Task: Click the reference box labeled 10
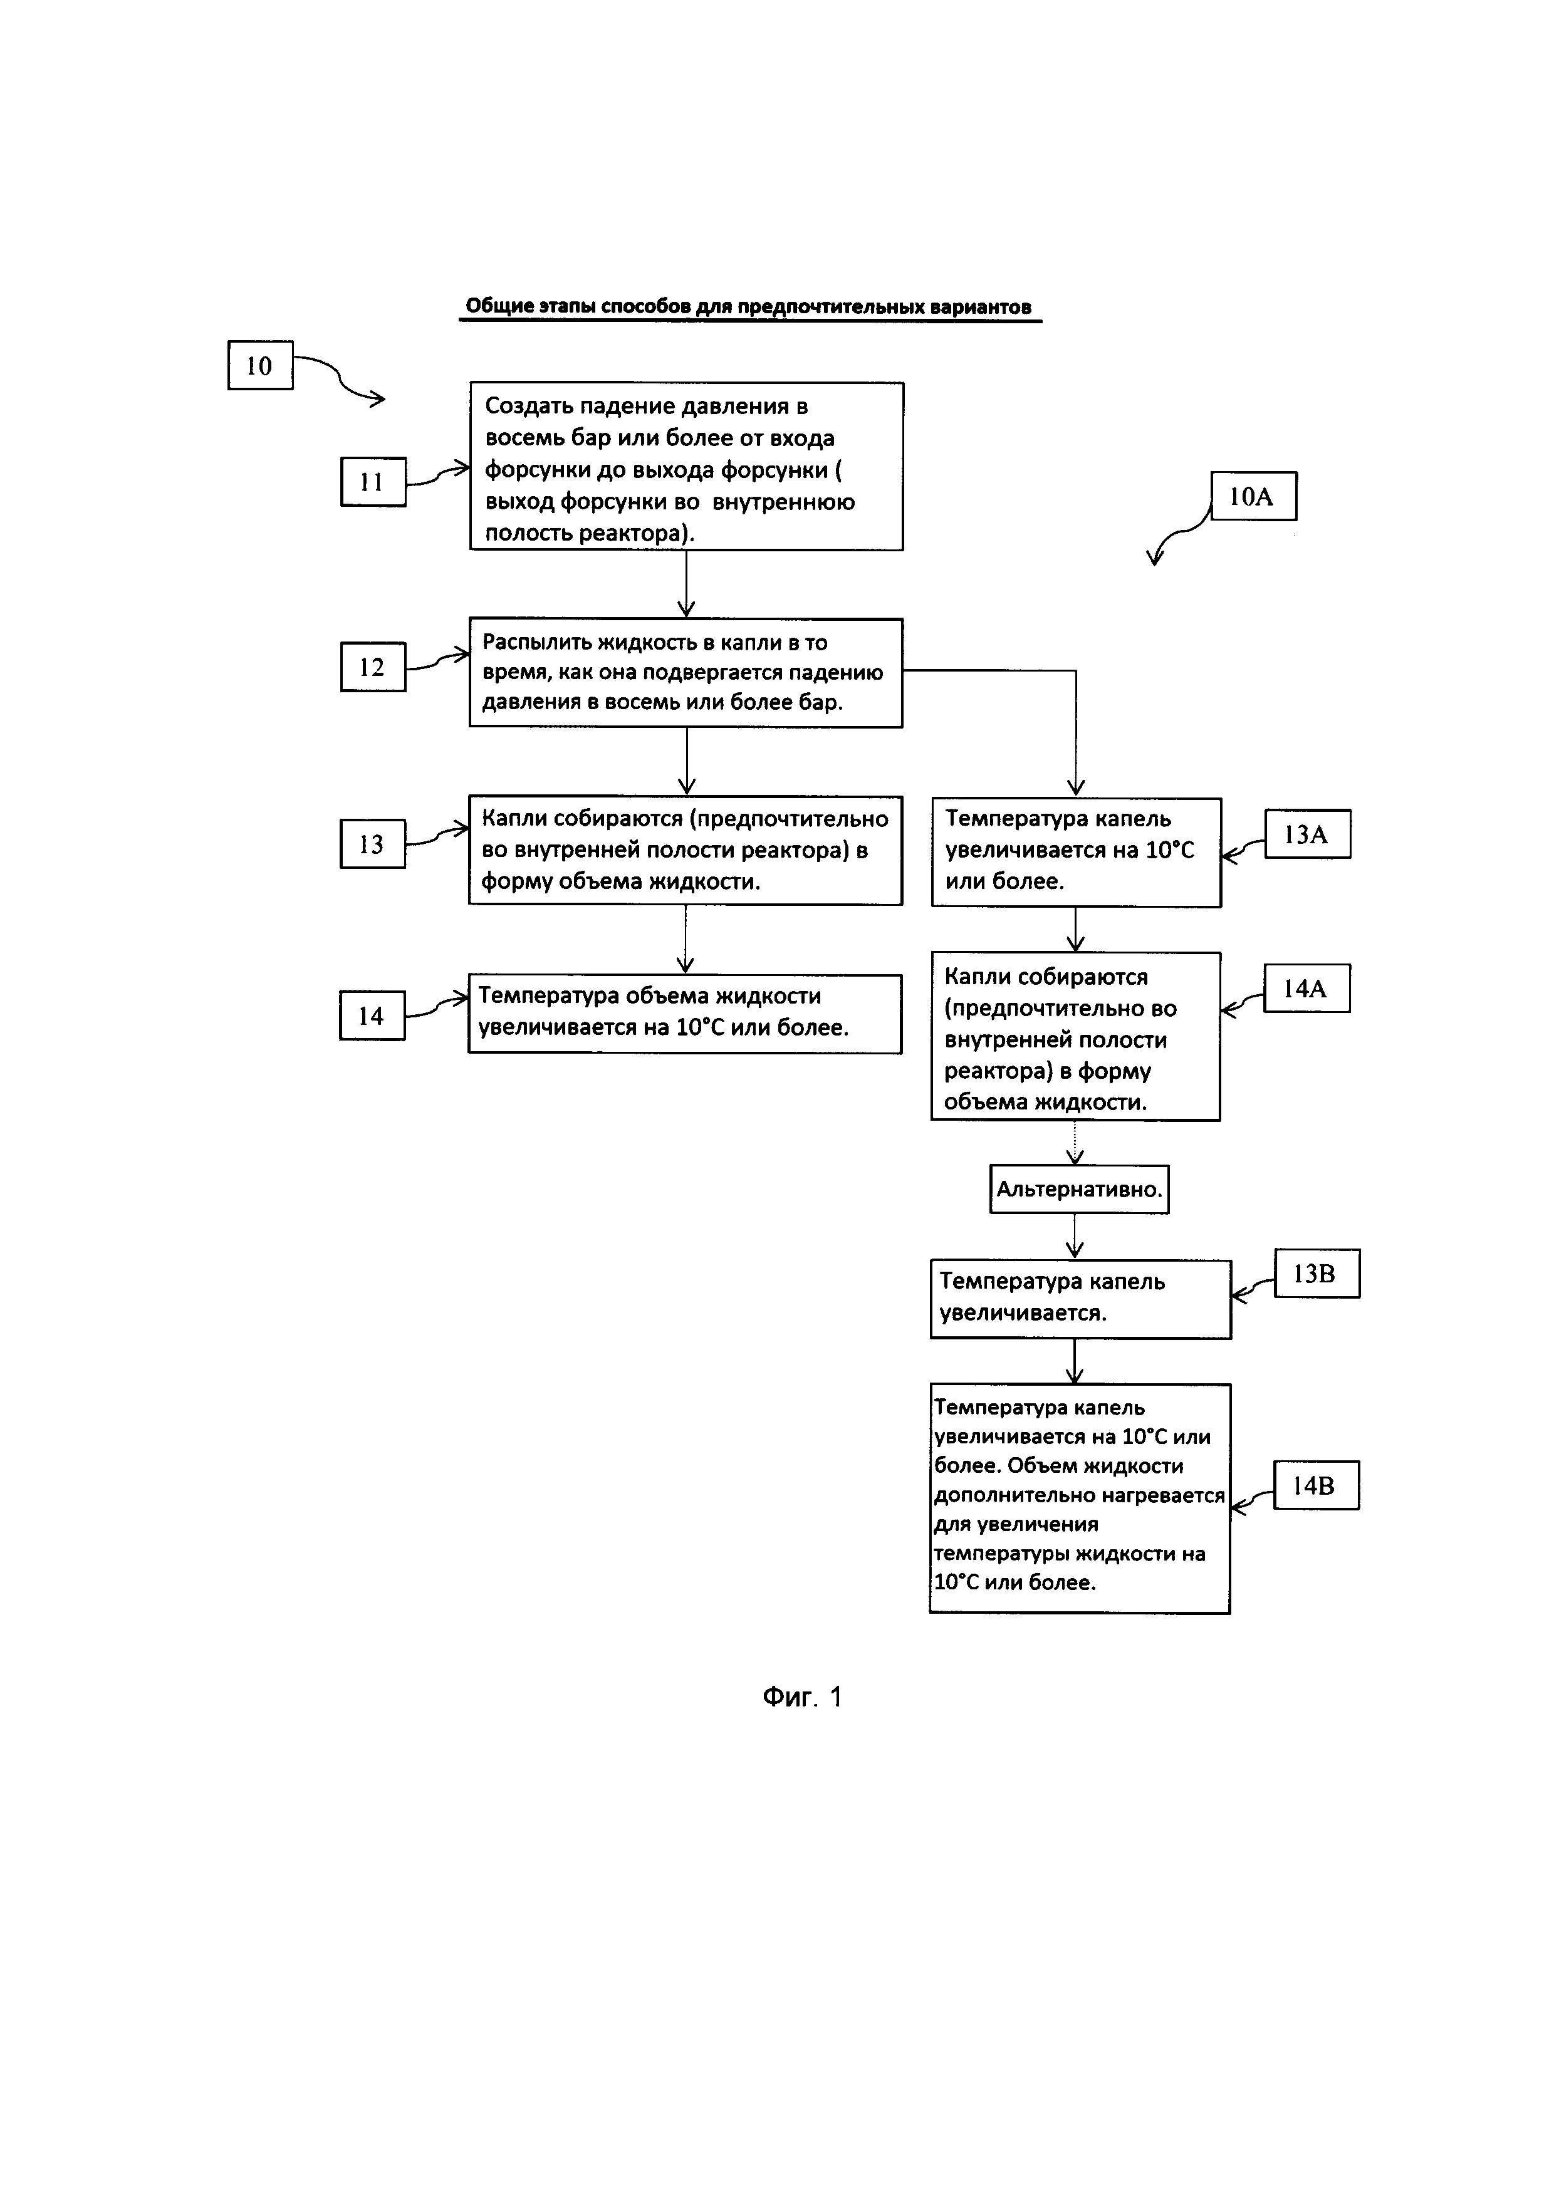[259, 365]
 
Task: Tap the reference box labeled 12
[372, 667]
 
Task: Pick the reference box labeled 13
[372, 844]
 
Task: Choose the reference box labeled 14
[372, 1015]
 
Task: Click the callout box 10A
[1253, 496]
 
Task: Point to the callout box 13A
[1307, 834]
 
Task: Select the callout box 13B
[1316, 1274]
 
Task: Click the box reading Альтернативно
[1078, 1190]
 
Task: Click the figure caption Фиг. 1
[802, 1696]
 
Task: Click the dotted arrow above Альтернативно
[1075, 1141]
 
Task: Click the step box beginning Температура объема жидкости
[684, 1014]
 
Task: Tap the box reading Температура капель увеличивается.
[1080, 1299]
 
